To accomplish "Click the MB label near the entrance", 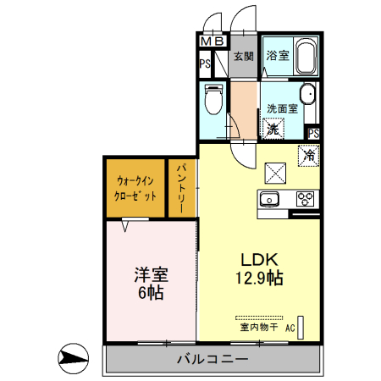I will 213,41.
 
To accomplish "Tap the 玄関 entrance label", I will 244,57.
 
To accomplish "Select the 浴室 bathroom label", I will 278,57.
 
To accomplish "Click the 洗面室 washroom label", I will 282,108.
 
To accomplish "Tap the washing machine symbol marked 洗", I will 273,130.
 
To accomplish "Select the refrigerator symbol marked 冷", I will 309,156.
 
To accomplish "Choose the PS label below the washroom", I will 313,133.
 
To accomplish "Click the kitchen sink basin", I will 269,200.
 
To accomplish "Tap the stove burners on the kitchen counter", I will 305,200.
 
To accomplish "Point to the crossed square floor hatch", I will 276,173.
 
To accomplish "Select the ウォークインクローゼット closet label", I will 135,188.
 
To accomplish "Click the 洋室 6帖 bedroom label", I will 151,284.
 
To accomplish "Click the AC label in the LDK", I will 290,327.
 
